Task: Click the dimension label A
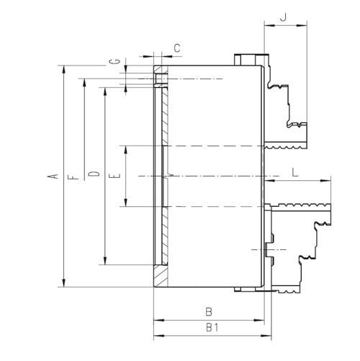coord(55,176)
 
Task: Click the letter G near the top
coord(114,61)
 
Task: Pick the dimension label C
coord(177,48)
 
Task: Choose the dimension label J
coord(284,17)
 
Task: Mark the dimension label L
coord(295,172)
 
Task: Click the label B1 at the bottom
coord(212,328)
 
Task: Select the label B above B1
coord(209,312)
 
